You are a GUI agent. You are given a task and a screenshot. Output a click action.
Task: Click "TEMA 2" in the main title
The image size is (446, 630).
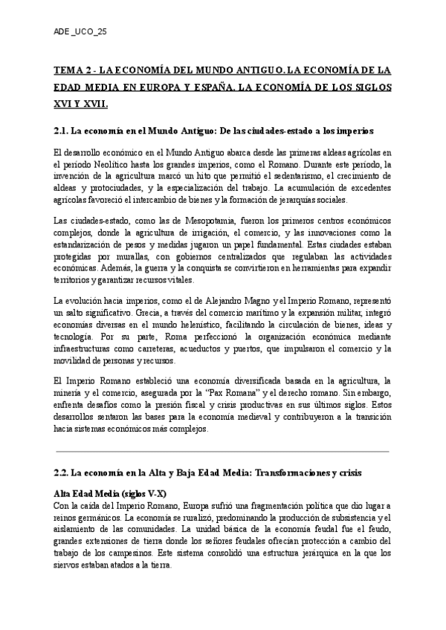pyautogui.click(x=73, y=71)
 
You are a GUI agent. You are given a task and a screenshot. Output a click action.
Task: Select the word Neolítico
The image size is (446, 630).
pyautogui.click(x=109, y=166)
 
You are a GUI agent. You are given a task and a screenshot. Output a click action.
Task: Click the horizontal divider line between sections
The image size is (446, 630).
pyautogui.click(x=222, y=450)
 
